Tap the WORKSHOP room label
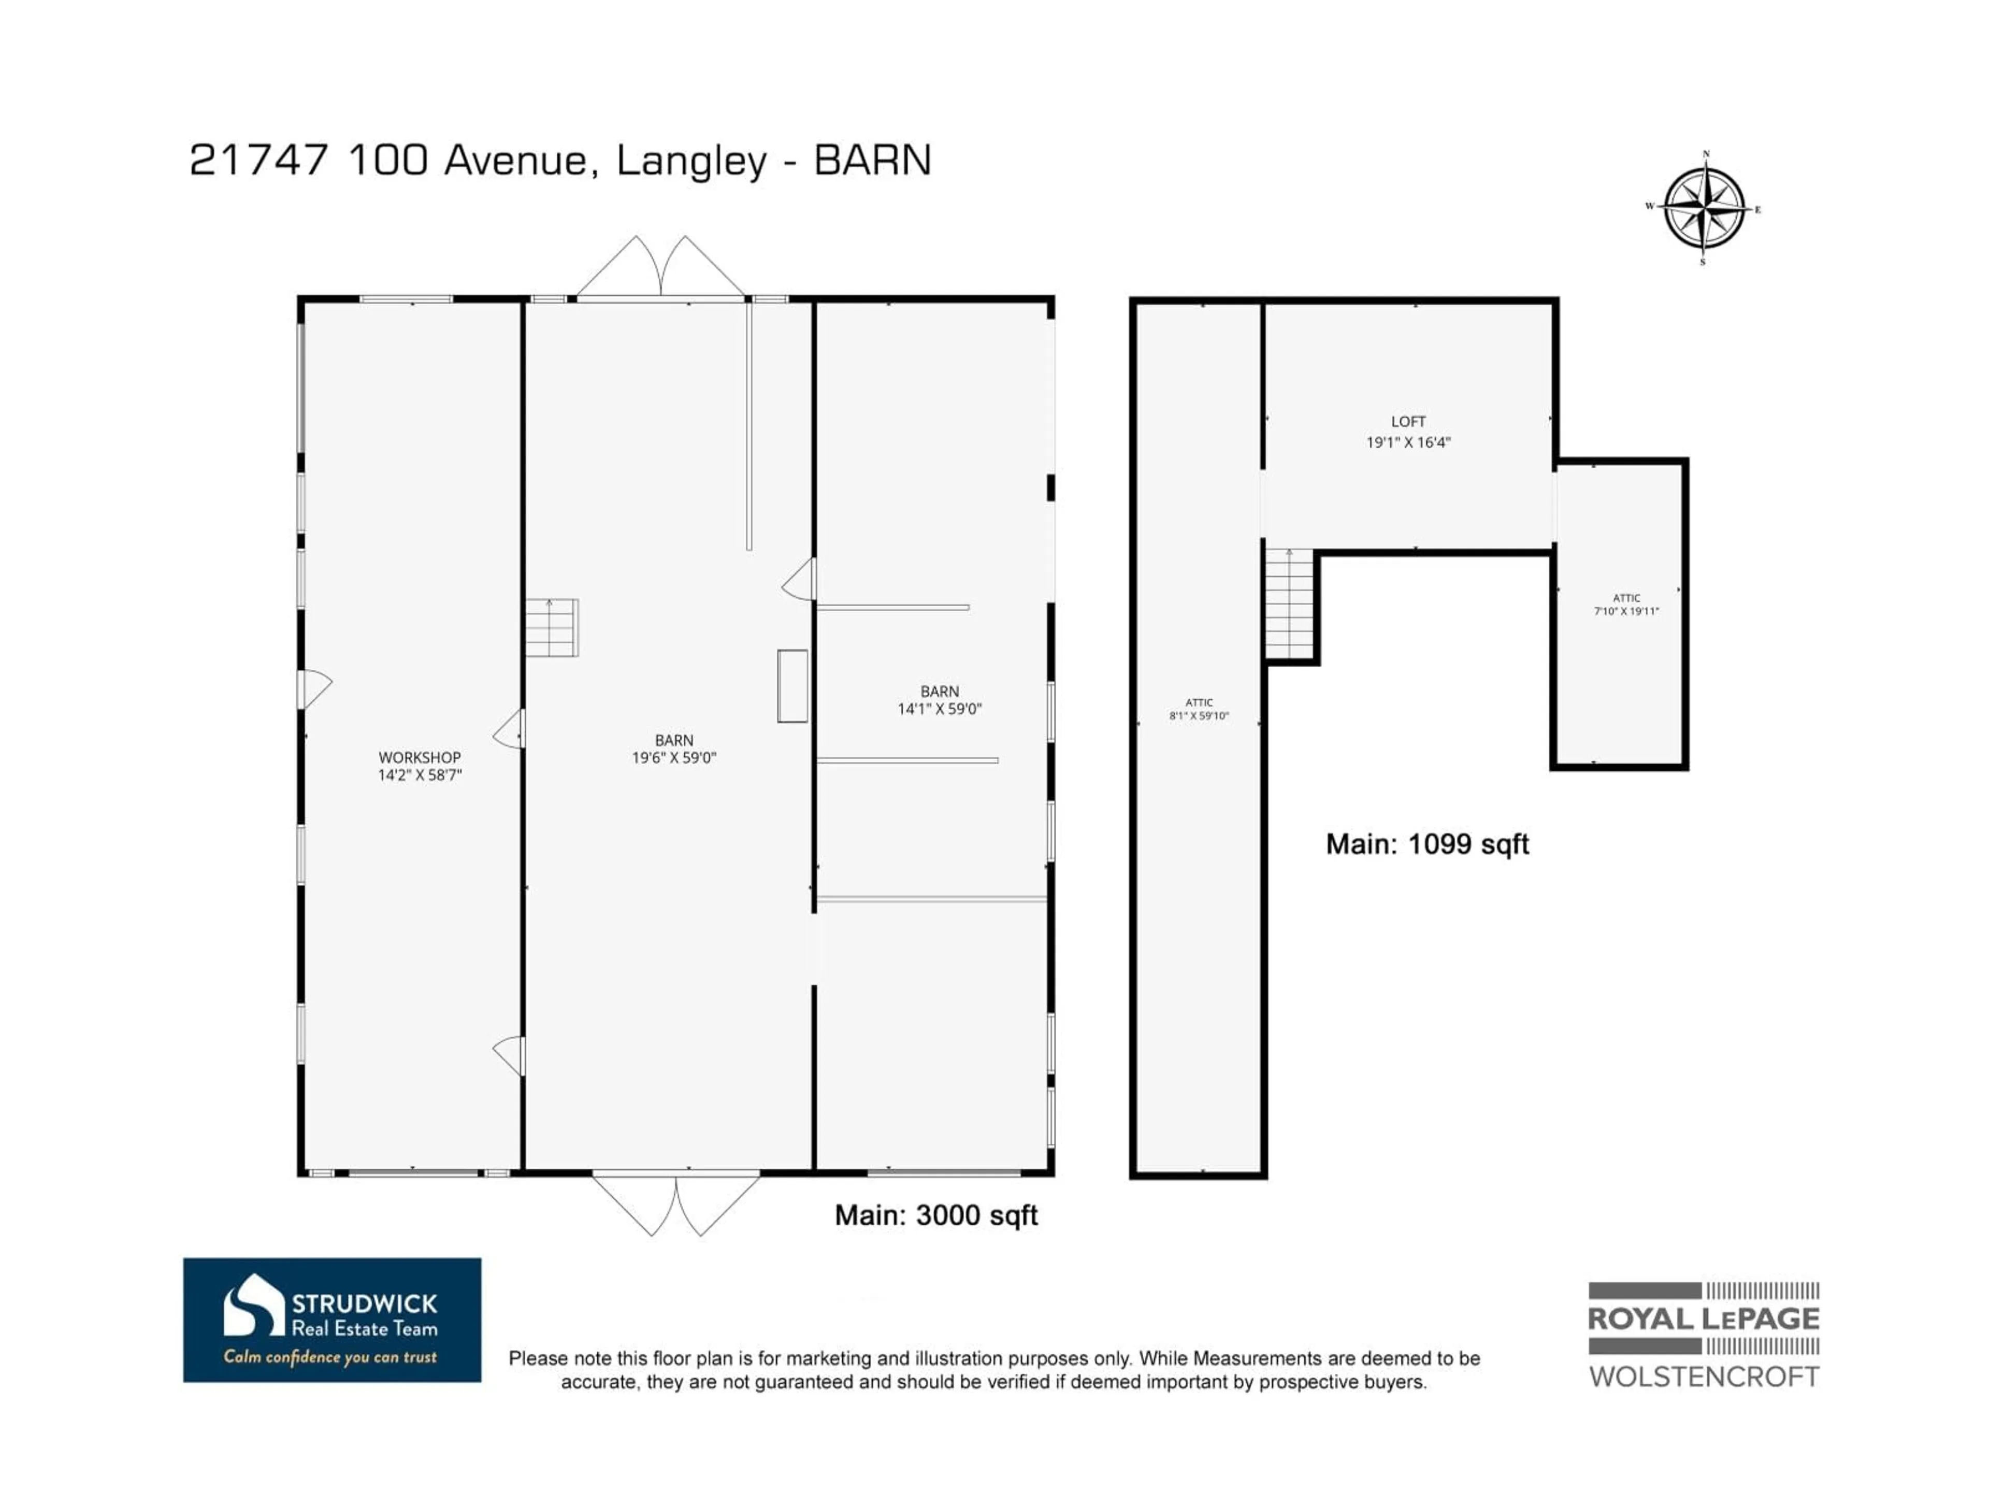pos(419,757)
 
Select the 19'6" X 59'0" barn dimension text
pos(673,757)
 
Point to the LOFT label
pos(1408,421)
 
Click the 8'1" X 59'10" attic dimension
pos(1199,716)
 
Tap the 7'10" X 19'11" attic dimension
pos(1626,611)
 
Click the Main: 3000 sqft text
pos(936,1215)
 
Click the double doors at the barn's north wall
pos(661,268)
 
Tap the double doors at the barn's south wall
pos(675,1203)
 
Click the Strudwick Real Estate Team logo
pos(332,1319)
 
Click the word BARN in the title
pos(872,161)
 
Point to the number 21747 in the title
pos(258,161)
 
